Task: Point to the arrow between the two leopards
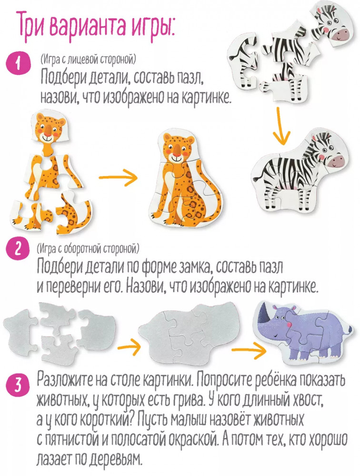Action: [118, 178]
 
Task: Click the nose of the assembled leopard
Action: [176, 149]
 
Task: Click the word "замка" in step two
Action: [193, 267]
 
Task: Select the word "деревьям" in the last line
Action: [117, 460]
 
